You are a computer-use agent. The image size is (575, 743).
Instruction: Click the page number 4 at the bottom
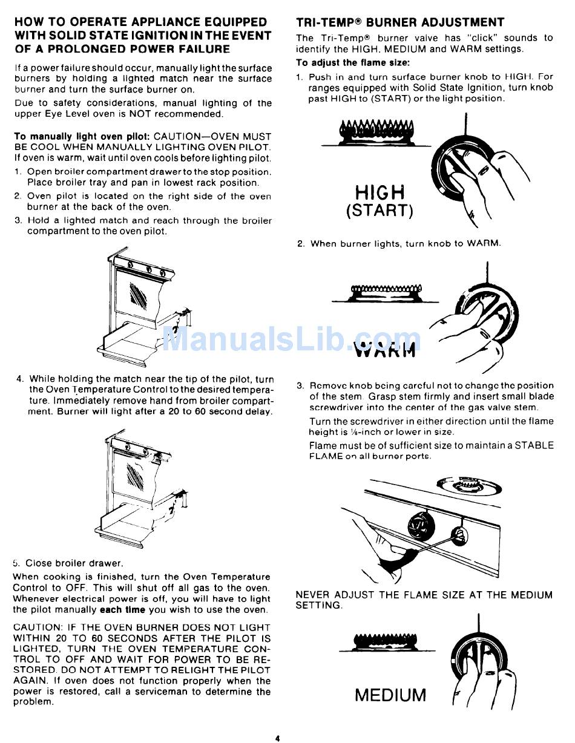(x=277, y=738)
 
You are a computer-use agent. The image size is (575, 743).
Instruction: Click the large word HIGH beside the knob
(x=379, y=192)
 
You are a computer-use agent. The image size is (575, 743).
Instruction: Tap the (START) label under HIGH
(x=379, y=211)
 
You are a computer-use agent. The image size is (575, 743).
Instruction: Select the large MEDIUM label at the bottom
(x=390, y=695)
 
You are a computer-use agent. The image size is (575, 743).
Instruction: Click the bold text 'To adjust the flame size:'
(x=353, y=62)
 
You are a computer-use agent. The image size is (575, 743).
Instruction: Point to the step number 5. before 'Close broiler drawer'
(x=16, y=563)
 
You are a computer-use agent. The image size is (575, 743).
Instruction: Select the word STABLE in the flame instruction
(x=533, y=445)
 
